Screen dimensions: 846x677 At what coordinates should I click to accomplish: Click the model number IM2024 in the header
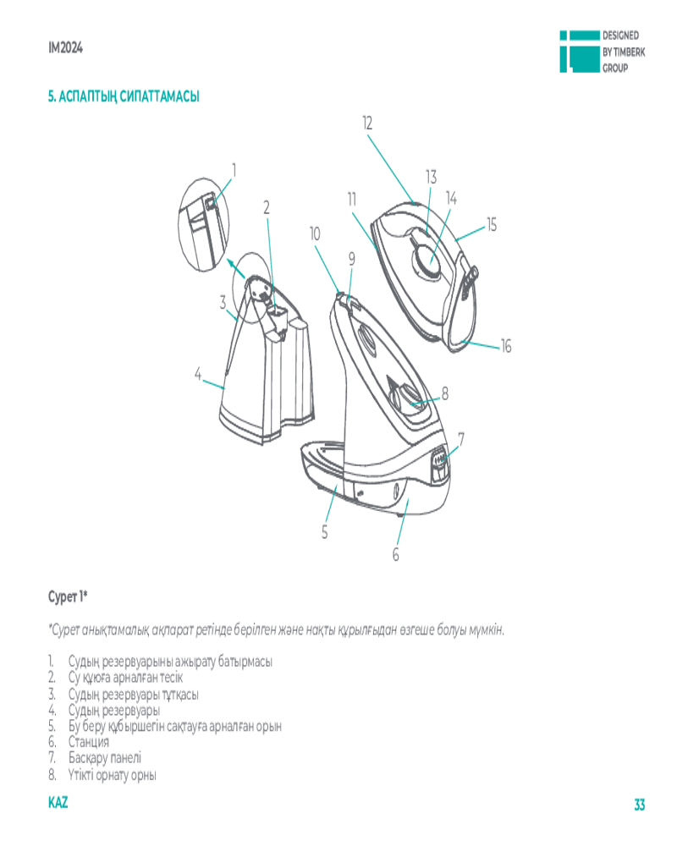[x=65, y=47]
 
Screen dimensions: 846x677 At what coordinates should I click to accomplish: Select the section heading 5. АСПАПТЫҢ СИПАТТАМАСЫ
[x=124, y=96]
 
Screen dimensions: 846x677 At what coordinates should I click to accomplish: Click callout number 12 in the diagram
[x=367, y=123]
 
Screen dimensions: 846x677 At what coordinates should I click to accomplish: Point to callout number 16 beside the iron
[x=506, y=346]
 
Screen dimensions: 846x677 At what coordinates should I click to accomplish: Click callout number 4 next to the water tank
[x=197, y=373]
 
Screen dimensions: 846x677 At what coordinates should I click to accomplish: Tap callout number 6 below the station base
[x=395, y=555]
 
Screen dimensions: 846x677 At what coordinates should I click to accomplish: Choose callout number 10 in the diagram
[x=316, y=233]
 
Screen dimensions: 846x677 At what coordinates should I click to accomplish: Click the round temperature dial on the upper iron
[x=426, y=258]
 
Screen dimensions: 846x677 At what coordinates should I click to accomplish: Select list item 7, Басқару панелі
[x=106, y=758]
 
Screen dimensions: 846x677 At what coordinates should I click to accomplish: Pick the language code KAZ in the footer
[x=58, y=802]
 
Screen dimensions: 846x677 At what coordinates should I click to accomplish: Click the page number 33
[x=640, y=804]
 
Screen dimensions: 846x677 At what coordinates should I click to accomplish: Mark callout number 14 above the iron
[x=451, y=198]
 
